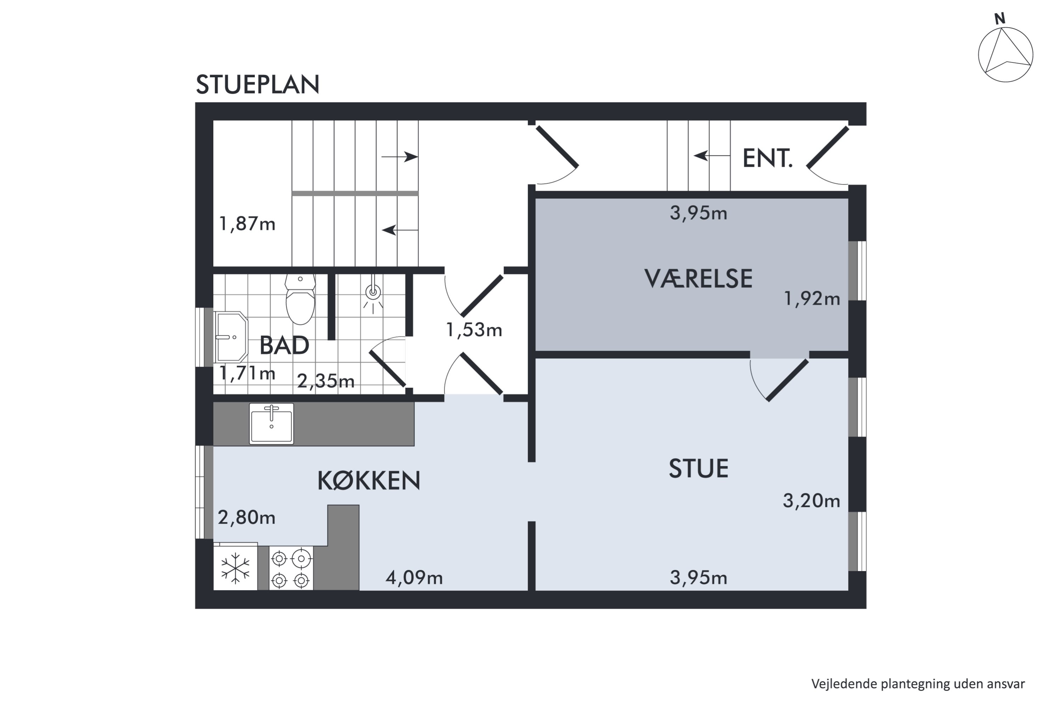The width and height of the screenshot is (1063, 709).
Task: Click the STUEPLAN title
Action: coord(257,85)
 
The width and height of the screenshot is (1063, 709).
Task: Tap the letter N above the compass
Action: coord(1000,19)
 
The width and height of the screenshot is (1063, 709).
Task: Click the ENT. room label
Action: coord(767,159)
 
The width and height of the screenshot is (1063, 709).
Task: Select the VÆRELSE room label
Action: coord(698,279)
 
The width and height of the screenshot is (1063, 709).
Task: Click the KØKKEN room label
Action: coord(369,481)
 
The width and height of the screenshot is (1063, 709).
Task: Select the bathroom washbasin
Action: coord(231,337)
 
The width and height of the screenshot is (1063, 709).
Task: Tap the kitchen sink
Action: coord(271,424)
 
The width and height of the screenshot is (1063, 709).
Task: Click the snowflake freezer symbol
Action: coord(235,568)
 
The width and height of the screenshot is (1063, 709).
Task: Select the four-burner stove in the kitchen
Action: coord(291,568)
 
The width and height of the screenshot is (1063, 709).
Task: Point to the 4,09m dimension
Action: coord(414,578)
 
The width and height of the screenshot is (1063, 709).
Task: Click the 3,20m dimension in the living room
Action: coord(811,501)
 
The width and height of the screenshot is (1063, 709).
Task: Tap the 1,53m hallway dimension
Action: coord(474,330)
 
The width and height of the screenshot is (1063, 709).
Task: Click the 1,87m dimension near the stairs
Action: coord(247,224)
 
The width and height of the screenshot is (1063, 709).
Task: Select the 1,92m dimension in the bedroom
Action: coord(811,299)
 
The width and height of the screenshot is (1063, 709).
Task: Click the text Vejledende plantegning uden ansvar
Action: coord(917,684)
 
